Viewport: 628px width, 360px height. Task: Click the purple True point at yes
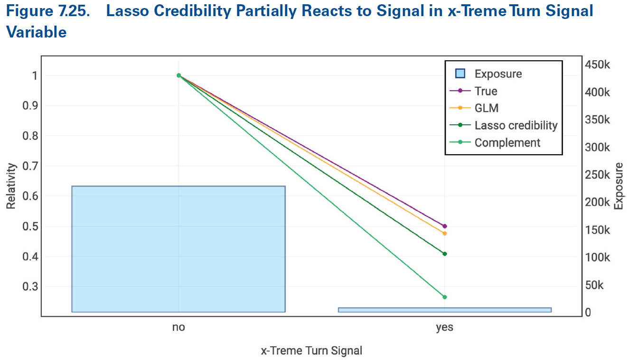(445, 226)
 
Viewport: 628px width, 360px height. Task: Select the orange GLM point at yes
(445, 233)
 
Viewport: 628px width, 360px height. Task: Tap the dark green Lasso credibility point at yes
(445, 254)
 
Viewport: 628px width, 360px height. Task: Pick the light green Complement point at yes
(445, 297)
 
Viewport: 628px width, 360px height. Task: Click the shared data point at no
(178, 75)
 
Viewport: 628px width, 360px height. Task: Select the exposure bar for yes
(445, 310)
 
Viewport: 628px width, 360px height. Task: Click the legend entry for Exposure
(498, 74)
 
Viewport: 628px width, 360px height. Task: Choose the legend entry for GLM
(487, 108)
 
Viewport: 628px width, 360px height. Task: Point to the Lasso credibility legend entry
(516, 125)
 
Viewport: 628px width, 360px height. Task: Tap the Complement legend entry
(507, 142)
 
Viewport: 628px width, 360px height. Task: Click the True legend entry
(486, 91)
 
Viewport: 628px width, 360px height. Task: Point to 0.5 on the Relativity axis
(29, 226)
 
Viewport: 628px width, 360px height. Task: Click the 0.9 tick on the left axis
(29, 106)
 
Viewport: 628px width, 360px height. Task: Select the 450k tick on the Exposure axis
(599, 65)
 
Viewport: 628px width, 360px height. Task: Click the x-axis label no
(178, 327)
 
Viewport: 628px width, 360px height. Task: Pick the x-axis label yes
(445, 327)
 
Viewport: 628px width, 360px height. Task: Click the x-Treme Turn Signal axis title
(311, 351)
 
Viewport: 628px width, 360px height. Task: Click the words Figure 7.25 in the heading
(47, 11)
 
